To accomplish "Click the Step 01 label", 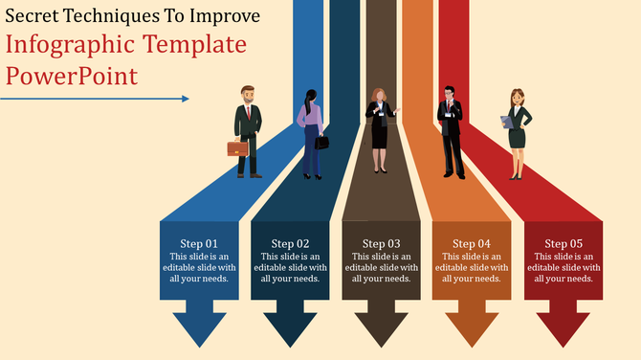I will (x=199, y=244).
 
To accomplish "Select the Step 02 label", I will (x=290, y=244).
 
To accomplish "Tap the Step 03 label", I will (x=381, y=244).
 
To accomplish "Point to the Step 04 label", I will (x=471, y=244).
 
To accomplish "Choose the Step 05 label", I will (x=564, y=244).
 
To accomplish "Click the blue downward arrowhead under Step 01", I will (x=199, y=326).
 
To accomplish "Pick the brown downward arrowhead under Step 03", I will (x=381, y=326).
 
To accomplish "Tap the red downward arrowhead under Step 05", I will (x=564, y=326).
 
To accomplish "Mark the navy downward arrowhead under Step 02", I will (x=290, y=326).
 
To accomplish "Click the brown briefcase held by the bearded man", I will (x=237, y=147).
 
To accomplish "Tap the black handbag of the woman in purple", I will (x=322, y=142).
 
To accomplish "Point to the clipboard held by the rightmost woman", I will (x=506, y=122).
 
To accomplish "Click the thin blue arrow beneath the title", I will (x=96, y=98).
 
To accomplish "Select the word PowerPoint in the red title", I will (x=71, y=75).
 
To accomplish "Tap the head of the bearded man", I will (x=248, y=95).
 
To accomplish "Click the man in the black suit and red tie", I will (x=451, y=132).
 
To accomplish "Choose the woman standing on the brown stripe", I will (x=380, y=129).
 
